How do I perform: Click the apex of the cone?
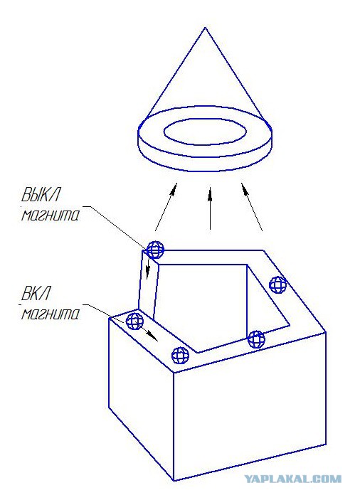tap(205, 28)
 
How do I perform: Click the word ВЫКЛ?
tap(41, 194)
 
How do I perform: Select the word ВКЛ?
tap(36, 293)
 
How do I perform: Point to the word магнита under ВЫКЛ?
tap(50, 216)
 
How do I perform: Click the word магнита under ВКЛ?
tap(50, 314)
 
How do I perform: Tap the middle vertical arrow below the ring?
tap(210, 208)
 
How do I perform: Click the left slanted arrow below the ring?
tap(166, 206)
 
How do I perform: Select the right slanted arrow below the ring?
tap(252, 206)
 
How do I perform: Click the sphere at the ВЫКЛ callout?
tap(155, 250)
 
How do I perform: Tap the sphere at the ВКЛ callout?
tap(134, 321)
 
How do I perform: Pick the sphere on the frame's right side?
tap(277, 284)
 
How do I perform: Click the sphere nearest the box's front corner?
tap(180, 355)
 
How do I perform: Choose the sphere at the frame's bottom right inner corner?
tap(256, 339)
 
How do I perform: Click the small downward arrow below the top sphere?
tap(148, 269)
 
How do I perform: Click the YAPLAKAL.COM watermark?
tap(292, 479)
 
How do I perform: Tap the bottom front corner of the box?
tap(174, 480)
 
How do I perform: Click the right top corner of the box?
tap(326, 332)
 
